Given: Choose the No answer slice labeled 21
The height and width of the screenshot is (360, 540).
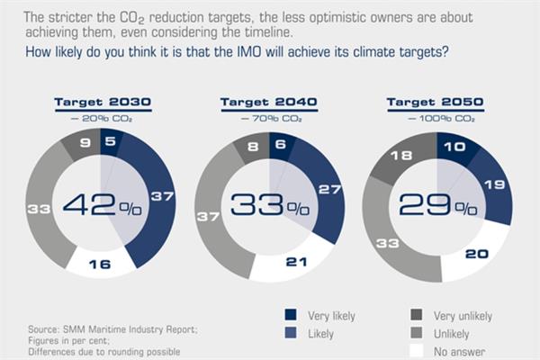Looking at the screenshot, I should (x=293, y=260).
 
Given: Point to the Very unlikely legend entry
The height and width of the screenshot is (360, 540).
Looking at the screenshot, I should (x=446, y=316).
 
